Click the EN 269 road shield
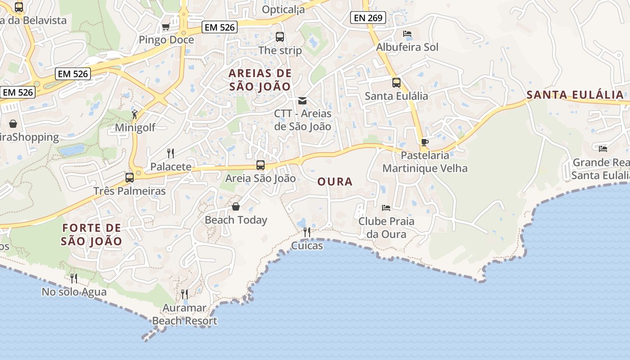click(368, 18)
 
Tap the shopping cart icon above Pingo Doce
click(166, 27)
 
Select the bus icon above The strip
click(279, 37)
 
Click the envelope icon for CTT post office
click(302, 101)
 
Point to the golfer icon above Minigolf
click(135, 115)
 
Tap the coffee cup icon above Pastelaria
click(424, 143)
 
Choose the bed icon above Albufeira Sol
click(407, 34)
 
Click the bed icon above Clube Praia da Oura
click(386, 208)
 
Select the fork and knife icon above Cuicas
click(307, 232)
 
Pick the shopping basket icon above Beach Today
click(236, 207)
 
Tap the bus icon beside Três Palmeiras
click(130, 178)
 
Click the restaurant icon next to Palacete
click(171, 153)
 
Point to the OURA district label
click(335, 182)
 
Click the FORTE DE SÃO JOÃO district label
click(91, 234)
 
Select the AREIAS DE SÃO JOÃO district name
click(260, 80)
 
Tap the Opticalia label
click(283, 9)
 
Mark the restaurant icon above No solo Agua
click(74, 279)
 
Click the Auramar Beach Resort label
click(184, 315)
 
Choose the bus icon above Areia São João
click(261, 165)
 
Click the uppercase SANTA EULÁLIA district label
click(575, 95)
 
